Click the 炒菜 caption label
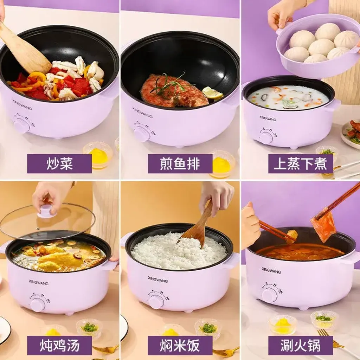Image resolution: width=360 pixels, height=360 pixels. point(59,163)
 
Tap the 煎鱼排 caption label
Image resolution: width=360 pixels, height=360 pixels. point(180,163)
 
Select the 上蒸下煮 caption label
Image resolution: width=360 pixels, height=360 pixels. point(301,163)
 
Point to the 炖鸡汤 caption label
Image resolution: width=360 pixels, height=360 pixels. point(59,345)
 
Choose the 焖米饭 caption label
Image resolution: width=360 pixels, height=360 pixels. point(180,345)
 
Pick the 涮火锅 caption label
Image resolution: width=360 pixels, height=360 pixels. point(301,345)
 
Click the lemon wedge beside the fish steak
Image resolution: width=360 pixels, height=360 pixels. point(212,92)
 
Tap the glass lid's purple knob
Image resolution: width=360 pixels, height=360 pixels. point(47,212)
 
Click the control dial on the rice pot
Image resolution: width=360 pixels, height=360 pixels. point(156,301)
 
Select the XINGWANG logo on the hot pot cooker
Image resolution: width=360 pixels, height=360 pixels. point(271,270)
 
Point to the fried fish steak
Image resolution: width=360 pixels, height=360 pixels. point(172,91)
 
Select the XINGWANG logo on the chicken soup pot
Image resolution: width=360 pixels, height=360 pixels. point(39,282)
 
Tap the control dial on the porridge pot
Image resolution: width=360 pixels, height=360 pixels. point(266,137)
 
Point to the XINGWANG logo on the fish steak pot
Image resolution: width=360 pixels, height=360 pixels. point(142,112)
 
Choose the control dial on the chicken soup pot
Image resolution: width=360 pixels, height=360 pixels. point(37,304)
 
